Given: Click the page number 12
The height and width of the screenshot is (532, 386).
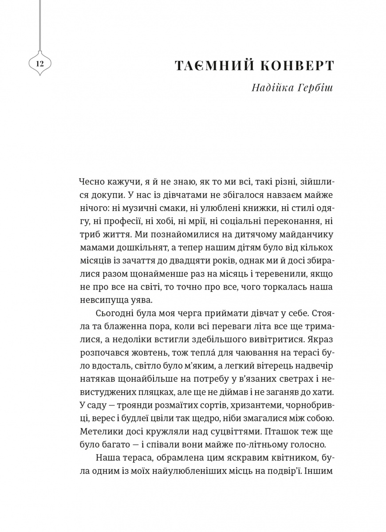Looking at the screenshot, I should [39, 64].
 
